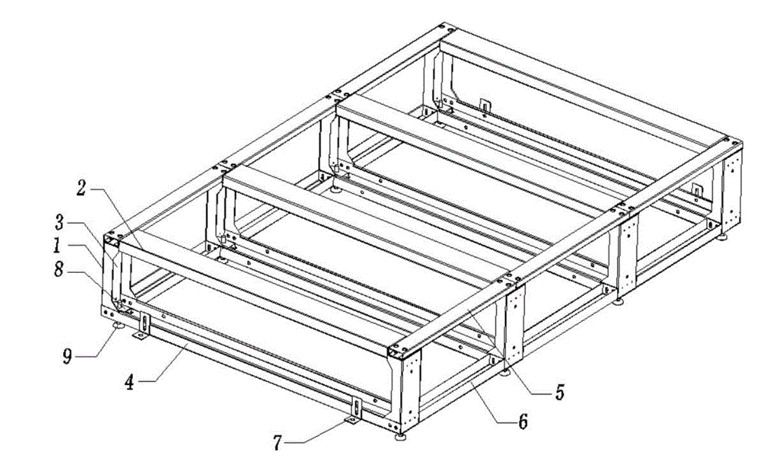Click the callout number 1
coord(57,246)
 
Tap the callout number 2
coord(81,189)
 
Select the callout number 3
coord(59,223)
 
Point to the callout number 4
coord(129,382)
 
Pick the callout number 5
coord(560,393)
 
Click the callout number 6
coord(523,422)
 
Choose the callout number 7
coord(277,442)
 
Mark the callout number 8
coord(59,271)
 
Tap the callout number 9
coord(67,356)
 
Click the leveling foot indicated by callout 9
coord(118,325)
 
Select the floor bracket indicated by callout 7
coord(352,421)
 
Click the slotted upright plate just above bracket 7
coord(356,407)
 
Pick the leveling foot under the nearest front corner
coord(400,437)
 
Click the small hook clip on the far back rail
coord(485,106)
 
